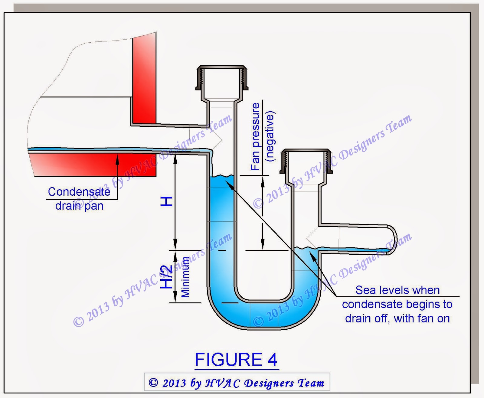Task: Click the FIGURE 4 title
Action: pyautogui.click(x=236, y=360)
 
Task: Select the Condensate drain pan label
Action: pyautogui.click(x=79, y=199)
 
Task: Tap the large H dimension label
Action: pyautogui.click(x=166, y=201)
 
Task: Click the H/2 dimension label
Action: pyautogui.click(x=166, y=277)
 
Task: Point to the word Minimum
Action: pyautogui.click(x=185, y=277)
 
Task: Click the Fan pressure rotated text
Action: pyautogui.click(x=255, y=137)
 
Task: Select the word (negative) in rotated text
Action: pyautogui.click(x=269, y=137)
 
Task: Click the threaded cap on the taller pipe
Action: pyautogui.click(x=222, y=78)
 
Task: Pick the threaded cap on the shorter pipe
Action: pyautogui.click(x=306, y=161)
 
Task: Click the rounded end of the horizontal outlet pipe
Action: pyautogui.click(x=393, y=240)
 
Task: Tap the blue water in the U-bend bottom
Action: pyautogui.click(x=263, y=315)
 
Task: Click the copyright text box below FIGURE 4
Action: pyautogui.click(x=237, y=383)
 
